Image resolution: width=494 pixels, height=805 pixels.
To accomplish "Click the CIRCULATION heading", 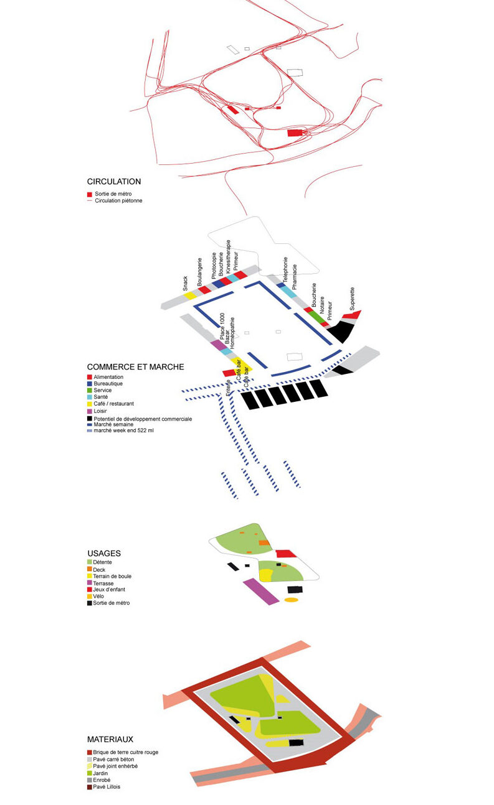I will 114,182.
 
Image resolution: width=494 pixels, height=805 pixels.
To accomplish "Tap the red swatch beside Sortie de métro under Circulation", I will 90,193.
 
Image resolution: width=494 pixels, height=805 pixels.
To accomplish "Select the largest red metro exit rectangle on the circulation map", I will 295,133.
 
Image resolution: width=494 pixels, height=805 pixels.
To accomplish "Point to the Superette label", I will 353,299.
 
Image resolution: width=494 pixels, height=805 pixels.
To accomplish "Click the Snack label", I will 185,284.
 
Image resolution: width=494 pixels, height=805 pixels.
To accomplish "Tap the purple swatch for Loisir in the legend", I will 90,411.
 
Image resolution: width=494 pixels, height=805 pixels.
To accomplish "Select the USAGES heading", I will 104,553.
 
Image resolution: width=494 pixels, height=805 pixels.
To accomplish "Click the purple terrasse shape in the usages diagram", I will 261,592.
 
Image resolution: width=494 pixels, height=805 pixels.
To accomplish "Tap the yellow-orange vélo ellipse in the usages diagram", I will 291,600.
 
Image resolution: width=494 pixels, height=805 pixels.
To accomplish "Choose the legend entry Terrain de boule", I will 113,576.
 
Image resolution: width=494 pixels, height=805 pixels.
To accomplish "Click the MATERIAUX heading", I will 110,740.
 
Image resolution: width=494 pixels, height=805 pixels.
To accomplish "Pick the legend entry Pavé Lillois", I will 107,787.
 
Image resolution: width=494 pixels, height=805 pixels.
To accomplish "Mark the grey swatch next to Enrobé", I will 90,780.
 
